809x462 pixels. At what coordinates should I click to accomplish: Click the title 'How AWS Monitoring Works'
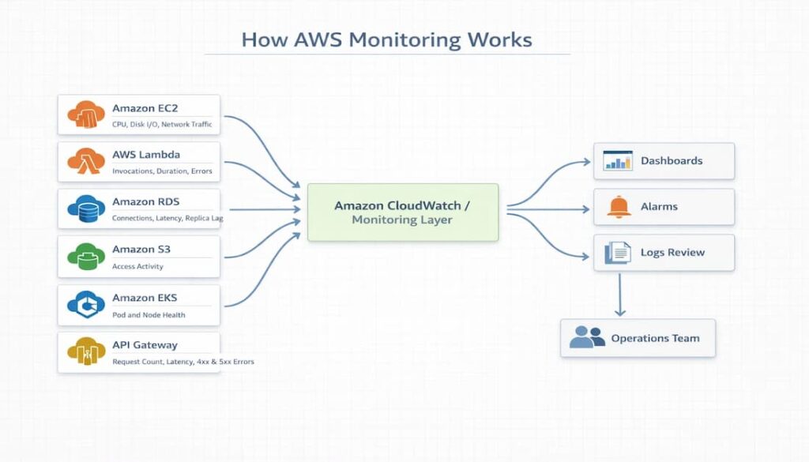[x=386, y=39]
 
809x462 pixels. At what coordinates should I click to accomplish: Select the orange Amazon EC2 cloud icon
[x=86, y=114]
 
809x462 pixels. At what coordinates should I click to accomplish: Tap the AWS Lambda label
[x=146, y=155]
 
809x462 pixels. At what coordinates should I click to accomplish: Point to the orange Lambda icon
[x=86, y=161]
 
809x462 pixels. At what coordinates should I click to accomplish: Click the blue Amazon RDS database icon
[x=86, y=208]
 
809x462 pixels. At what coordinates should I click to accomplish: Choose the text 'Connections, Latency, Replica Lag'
[x=167, y=218]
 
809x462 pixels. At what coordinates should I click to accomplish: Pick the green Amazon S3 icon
[x=86, y=256]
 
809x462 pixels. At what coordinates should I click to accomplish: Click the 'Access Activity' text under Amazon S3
[x=138, y=266]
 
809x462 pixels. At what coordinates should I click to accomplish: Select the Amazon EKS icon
[x=86, y=304]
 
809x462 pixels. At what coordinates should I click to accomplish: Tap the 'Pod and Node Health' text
[x=149, y=314]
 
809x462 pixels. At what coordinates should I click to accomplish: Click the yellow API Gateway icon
[x=86, y=351]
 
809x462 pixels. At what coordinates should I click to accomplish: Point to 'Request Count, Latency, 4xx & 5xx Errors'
[x=183, y=362]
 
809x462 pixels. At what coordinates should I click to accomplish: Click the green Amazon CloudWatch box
[x=402, y=212]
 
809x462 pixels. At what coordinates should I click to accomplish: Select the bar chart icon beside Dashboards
[x=617, y=160]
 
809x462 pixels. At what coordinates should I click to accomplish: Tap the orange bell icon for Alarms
[x=619, y=206]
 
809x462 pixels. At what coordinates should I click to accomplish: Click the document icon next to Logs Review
[x=618, y=253]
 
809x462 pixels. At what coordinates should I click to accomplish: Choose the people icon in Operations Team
[x=587, y=338]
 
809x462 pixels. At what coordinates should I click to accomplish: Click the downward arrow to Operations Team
[x=620, y=295]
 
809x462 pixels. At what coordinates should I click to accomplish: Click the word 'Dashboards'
[x=672, y=160]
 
